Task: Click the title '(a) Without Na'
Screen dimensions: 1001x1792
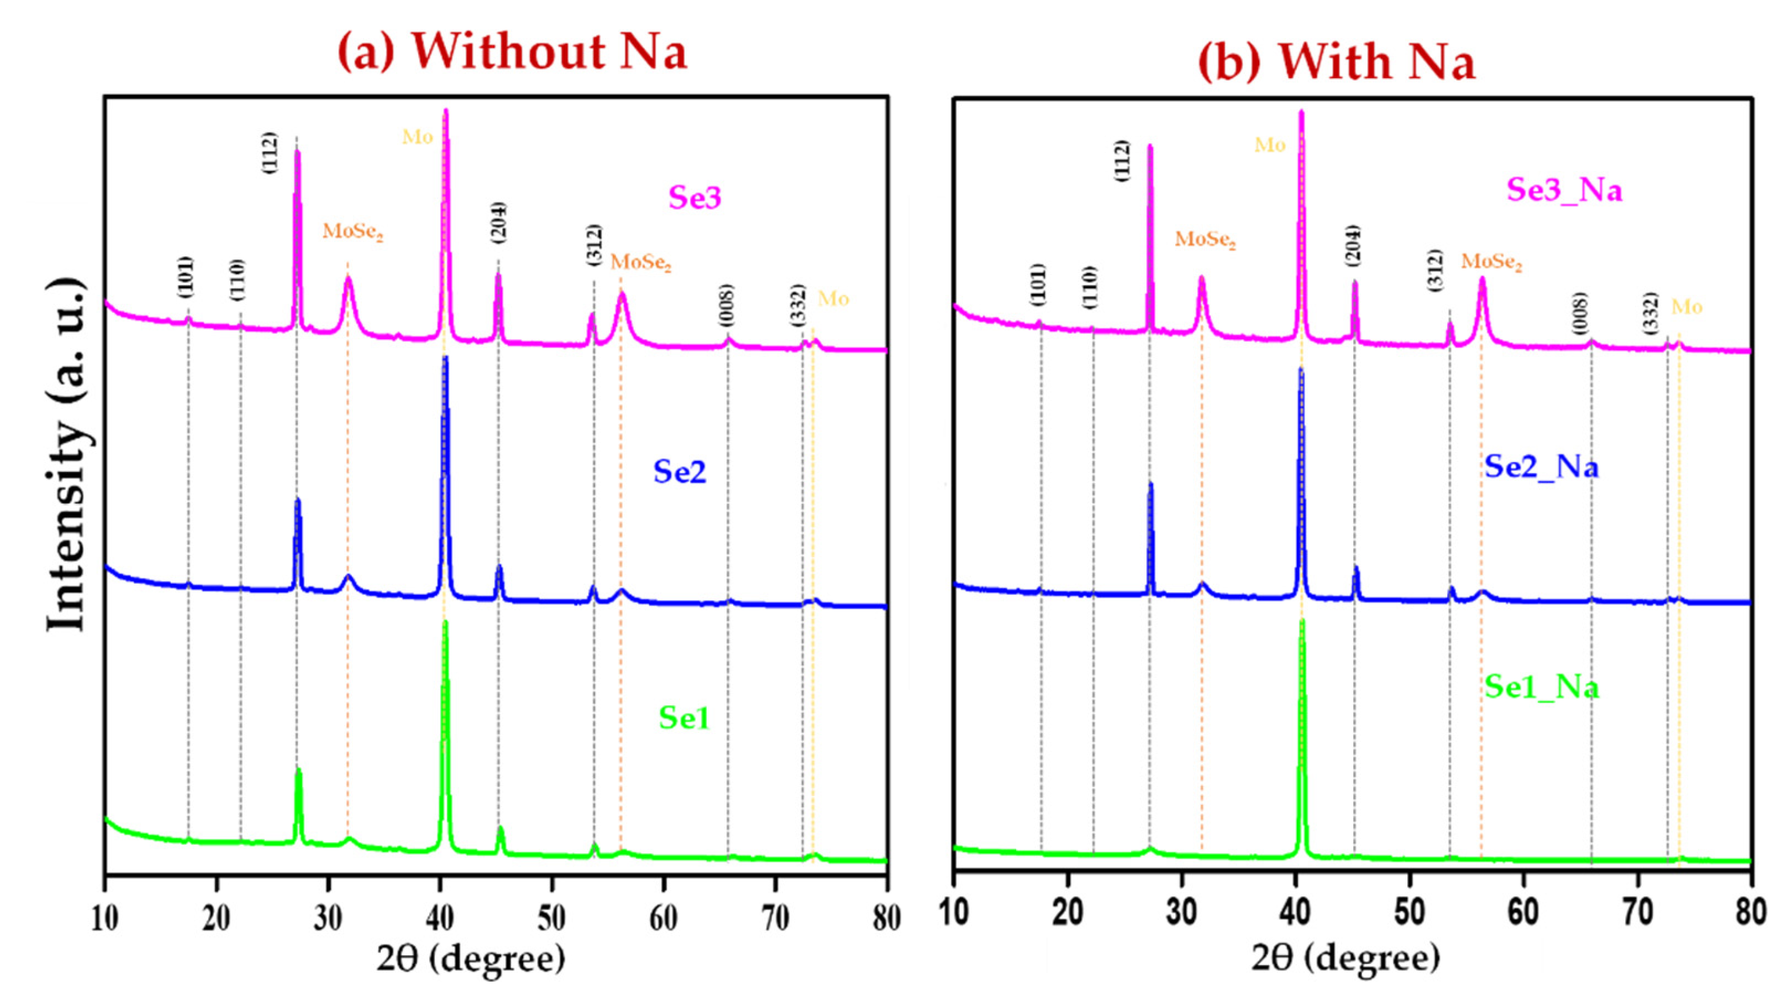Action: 512,52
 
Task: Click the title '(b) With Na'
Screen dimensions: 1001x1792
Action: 1336,61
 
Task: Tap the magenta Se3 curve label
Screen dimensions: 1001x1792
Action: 694,197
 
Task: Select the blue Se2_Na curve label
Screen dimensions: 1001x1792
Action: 1541,466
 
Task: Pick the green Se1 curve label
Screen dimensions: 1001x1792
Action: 684,717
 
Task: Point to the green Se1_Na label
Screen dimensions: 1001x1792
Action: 1541,687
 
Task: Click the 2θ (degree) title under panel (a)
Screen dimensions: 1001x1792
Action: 470,959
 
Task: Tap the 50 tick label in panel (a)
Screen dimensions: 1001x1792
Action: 551,918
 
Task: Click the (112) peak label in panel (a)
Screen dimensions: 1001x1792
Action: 269,152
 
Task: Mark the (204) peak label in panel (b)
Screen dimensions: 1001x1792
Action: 1353,245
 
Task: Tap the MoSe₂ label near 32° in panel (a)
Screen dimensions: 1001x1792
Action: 352,232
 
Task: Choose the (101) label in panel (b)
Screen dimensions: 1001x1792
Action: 1037,283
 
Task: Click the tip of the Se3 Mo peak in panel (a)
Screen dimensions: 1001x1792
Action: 445,111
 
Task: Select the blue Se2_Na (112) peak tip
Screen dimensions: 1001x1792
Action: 1150,484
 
